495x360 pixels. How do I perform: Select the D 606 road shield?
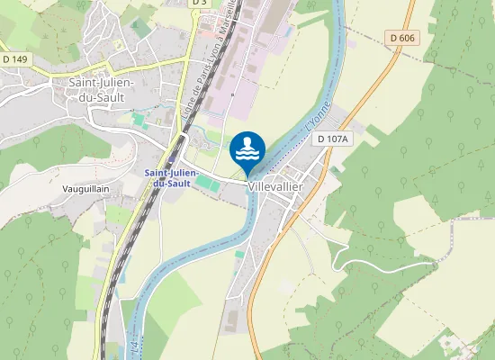click(404, 37)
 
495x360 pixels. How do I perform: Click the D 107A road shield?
click(333, 139)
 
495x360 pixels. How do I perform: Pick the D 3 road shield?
click(200, 3)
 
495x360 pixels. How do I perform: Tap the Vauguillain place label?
click(86, 190)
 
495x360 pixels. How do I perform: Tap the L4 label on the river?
click(134, 345)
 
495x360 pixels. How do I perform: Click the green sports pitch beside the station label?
click(206, 183)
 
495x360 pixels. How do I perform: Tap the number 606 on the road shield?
click(409, 37)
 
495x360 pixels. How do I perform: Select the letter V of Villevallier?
click(251, 185)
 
